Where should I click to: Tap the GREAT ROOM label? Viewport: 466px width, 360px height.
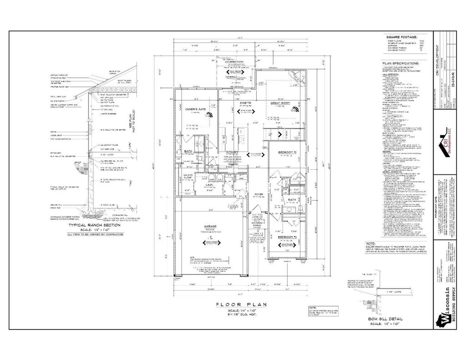278,103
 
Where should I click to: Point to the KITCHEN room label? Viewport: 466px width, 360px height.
233,151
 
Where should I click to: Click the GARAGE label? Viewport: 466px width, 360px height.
210,226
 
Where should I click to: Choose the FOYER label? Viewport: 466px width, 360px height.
259,194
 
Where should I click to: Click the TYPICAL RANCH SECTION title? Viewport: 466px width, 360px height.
94,225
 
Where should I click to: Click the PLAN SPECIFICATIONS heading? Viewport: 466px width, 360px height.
400,63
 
